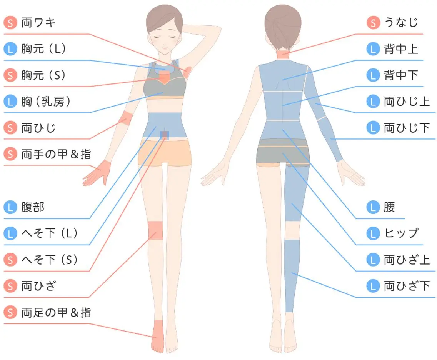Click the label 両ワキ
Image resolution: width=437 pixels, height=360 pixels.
[38, 22]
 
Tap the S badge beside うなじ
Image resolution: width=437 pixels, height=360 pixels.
[374, 23]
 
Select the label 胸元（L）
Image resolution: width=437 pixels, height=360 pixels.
[43, 49]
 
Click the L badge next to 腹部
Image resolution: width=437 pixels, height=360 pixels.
[10, 207]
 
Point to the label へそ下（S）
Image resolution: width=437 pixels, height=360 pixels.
[49, 260]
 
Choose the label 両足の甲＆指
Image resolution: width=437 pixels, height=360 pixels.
[56, 312]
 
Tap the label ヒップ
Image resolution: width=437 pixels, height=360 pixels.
[401, 233]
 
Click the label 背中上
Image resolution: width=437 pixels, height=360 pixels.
[401, 49]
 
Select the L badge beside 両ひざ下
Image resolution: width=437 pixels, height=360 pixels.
[373, 286]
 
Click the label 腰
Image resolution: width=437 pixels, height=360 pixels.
[389, 207]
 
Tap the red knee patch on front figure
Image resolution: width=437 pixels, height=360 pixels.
[155, 230]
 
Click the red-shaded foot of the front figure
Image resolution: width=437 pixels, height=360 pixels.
[158, 336]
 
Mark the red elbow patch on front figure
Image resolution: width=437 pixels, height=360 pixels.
[126, 118]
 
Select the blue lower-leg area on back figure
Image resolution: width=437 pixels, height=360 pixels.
[292, 276]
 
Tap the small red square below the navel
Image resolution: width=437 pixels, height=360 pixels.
[164, 135]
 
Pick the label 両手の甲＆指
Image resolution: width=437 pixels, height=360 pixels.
[56, 154]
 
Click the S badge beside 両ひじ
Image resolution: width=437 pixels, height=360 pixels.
[10, 128]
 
